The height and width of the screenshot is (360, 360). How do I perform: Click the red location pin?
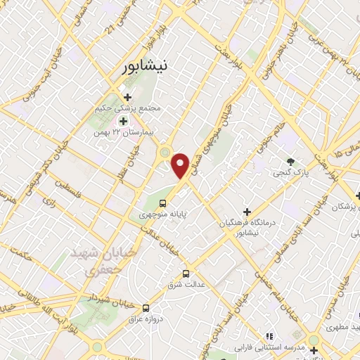pos(181,165)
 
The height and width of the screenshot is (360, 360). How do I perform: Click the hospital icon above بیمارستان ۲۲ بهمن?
pos(123,121)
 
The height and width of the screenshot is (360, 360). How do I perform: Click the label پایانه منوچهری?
pos(162,214)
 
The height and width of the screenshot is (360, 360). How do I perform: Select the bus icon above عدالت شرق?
pos(186,274)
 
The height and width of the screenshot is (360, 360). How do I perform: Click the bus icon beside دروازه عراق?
pos(146,307)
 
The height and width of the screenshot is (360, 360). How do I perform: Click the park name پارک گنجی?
pos(290,171)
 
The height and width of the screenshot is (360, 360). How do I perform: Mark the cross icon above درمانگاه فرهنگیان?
pos(246,211)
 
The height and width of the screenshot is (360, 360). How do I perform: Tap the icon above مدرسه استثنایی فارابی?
pos(269,337)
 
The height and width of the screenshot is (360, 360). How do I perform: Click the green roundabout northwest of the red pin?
pos(165,151)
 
